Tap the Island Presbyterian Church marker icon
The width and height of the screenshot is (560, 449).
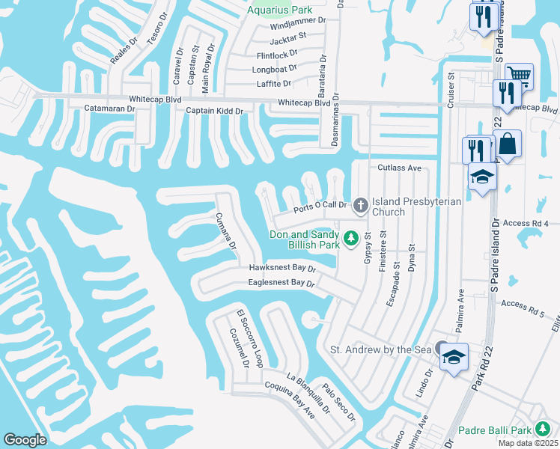[360, 204]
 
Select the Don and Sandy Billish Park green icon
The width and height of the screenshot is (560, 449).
[350, 239]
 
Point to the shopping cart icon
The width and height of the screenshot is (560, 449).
[518, 74]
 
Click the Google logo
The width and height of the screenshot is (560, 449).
[25, 440]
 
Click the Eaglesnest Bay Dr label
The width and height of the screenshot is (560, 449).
[281, 283]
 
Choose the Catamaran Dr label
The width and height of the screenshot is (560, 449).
[109, 109]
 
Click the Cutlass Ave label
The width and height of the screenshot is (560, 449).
[400, 168]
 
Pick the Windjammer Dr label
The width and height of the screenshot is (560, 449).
[298, 22]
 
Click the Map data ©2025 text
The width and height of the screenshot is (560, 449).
[528, 443]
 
